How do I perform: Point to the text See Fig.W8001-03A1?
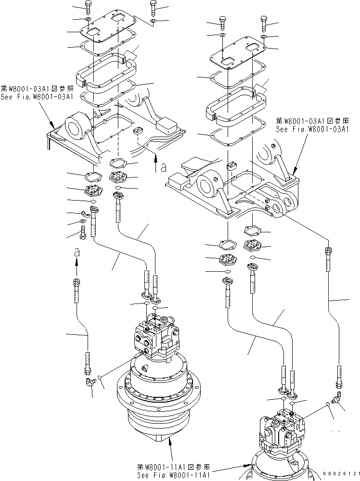37,97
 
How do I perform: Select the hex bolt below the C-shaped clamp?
82,234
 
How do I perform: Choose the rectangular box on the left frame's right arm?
167,127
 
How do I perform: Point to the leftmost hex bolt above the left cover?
88,6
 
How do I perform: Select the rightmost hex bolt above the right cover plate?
265,22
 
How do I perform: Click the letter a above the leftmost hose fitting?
76,252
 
